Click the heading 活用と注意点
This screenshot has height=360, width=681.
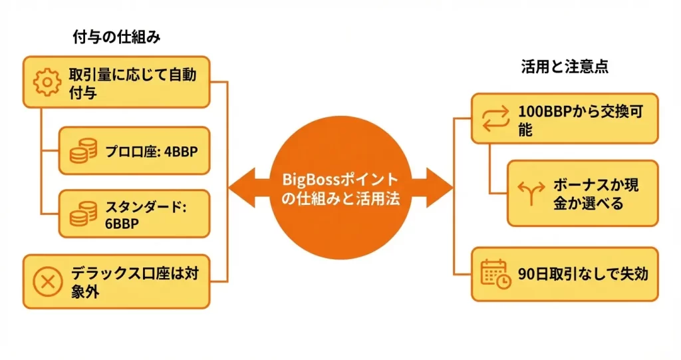point(565,67)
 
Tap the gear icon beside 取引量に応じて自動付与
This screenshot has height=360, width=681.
point(47,82)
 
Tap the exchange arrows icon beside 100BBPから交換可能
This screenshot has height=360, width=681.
point(494,118)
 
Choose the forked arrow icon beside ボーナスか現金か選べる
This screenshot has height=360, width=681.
point(530,193)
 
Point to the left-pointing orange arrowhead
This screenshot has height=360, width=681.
point(241,188)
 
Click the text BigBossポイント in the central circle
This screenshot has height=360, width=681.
point(340,180)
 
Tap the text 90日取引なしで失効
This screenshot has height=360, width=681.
point(583,273)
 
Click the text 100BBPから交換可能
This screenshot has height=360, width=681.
point(578,119)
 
